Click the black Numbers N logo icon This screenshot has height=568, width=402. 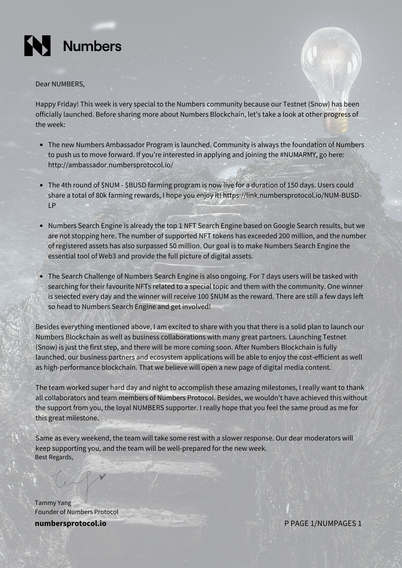[x=37, y=46]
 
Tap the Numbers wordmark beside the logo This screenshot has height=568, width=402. [x=92, y=46]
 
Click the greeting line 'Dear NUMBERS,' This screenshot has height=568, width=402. [x=60, y=84]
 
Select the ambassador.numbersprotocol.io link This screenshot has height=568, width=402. [x=110, y=165]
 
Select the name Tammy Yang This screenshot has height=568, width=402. [x=53, y=503]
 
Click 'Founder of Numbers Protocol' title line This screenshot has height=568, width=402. [x=76, y=512]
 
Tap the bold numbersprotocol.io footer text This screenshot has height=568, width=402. [x=71, y=523]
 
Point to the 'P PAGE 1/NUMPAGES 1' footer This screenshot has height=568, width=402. [x=323, y=523]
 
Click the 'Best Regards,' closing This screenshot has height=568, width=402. [x=54, y=457]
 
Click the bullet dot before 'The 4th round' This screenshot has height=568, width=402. [x=42, y=185]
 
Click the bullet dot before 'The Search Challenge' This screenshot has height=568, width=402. [x=42, y=276]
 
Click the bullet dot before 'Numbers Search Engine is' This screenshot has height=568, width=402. [x=42, y=226]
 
